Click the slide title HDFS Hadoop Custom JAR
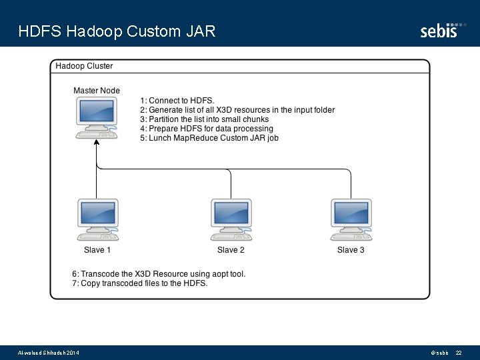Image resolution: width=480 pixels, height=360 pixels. (117, 31)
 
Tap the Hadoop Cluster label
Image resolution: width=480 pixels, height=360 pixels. (84, 66)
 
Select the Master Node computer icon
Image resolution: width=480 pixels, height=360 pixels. (97, 119)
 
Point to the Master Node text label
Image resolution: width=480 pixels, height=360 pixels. (97, 91)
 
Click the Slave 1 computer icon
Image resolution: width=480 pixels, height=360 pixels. (97, 219)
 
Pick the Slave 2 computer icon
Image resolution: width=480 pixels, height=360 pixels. (231, 219)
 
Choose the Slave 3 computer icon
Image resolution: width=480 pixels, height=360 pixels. (351, 219)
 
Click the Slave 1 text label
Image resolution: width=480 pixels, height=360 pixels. (97, 250)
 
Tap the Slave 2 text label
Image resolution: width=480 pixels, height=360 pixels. (231, 250)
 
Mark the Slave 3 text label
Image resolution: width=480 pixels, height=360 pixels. (351, 250)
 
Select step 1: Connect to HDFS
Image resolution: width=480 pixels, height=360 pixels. (177, 101)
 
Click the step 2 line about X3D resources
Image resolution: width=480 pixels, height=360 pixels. (237, 110)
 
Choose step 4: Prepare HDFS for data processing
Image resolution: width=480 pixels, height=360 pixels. (207, 129)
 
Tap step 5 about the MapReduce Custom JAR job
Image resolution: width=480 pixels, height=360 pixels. (209, 138)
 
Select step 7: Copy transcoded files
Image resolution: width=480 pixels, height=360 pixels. (140, 283)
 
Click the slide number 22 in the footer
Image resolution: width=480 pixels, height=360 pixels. (459, 352)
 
